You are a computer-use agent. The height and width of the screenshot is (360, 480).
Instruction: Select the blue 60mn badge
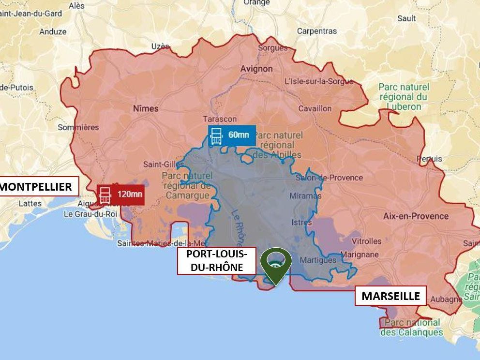pyautogui.click(x=232, y=135)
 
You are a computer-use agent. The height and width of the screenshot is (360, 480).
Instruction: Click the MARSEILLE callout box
pyautogui.click(x=390, y=296)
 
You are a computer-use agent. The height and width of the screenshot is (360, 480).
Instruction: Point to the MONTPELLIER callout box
pyautogui.click(x=38, y=186)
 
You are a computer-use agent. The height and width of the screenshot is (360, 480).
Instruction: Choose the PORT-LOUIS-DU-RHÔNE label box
pyautogui.click(x=216, y=260)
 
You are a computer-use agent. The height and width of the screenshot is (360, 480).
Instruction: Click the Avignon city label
pyautogui.click(x=256, y=69)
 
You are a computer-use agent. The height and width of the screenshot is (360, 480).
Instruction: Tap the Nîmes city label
pyautogui.click(x=146, y=108)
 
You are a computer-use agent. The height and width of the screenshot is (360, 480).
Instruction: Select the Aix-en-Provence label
pyautogui.click(x=416, y=216)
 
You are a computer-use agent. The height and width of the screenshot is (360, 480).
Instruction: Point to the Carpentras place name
pyautogui.click(x=317, y=31)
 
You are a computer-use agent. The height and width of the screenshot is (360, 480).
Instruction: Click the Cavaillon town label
pyautogui.click(x=315, y=108)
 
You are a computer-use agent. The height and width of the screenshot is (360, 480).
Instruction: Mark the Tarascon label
pyautogui.click(x=220, y=119)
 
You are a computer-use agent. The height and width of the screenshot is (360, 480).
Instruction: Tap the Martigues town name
pyautogui.click(x=318, y=260)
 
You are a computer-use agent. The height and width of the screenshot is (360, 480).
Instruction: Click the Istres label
pyautogui.click(x=302, y=223)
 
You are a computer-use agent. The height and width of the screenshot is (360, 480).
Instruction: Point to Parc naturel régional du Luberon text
pyautogui.click(x=404, y=96)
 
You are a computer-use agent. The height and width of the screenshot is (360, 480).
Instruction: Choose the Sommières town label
pyautogui.click(x=78, y=127)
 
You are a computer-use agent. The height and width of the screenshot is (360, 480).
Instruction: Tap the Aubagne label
pyautogui.click(x=446, y=299)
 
